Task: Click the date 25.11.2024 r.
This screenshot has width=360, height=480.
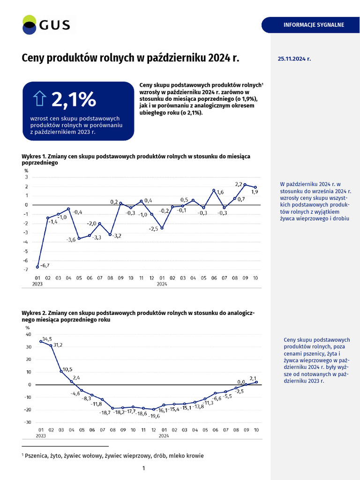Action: click(294, 59)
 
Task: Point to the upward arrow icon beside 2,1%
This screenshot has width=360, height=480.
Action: click(39, 99)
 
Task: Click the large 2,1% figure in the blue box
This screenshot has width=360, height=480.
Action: click(74, 99)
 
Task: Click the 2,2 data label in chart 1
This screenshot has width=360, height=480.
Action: click(238, 184)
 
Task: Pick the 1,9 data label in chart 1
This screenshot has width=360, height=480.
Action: click(255, 192)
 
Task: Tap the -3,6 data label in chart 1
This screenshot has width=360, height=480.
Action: click(71, 240)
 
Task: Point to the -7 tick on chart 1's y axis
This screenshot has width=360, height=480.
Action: click(26, 270)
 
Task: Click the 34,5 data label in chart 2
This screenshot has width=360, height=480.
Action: click(47, 338)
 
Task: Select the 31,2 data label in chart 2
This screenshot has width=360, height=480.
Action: click(57, 345)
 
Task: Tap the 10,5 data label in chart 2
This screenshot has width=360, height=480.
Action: click(67, 369)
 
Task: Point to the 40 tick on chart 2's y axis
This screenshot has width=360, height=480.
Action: click(28, 335)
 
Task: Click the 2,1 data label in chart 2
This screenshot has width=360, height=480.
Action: click(253, 378)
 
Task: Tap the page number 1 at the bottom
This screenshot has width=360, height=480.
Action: click(143, 468)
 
